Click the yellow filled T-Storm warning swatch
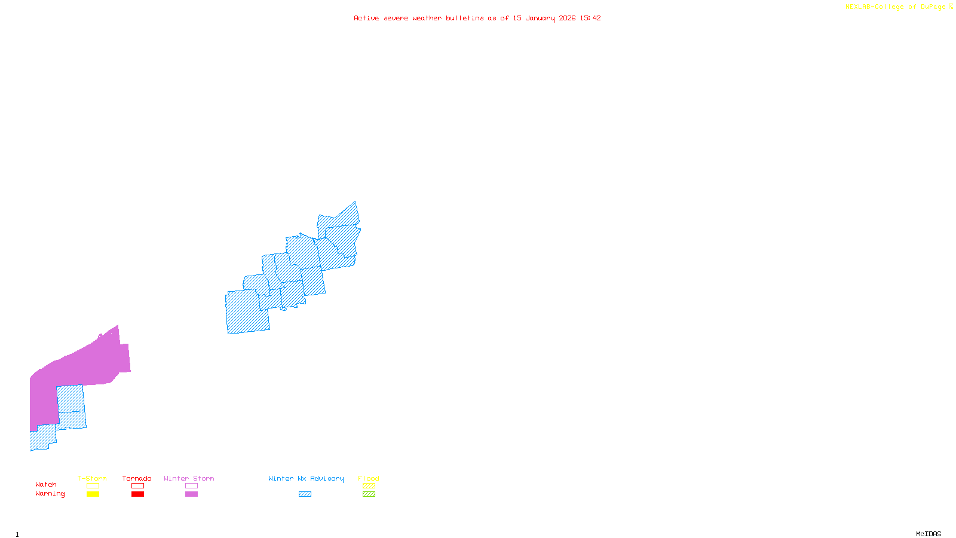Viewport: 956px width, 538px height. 93,494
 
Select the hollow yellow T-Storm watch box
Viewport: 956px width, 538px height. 93,486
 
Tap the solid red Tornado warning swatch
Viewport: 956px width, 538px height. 137,494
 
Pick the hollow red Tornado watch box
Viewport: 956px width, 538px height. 137,486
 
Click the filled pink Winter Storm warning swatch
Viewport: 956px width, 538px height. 191,494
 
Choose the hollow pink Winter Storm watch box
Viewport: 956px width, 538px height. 191,486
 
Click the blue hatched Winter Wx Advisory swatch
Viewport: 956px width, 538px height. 305,494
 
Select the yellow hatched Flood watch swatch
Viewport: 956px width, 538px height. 369,486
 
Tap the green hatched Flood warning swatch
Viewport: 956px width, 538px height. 369,494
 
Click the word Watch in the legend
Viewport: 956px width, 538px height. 46,485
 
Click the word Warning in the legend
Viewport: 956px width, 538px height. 50,494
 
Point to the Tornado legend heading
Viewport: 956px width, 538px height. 137,478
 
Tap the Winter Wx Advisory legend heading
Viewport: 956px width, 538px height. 306,478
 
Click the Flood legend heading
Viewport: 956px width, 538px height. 369,478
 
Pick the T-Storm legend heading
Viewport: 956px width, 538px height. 92,478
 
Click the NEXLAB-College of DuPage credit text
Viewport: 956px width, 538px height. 899,7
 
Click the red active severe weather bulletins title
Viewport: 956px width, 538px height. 477,18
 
